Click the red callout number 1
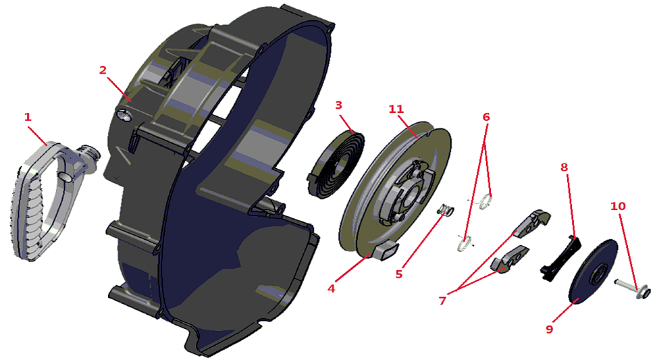click(x=28, y=117)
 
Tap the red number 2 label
click(x=103, y=70)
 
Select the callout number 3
click(x=339, y=105)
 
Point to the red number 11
click(x=396, y=109)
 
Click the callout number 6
click(x=486, y=117)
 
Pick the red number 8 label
click(x=565, y=168)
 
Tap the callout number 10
click(x=619, y=206)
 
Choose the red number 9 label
click(x=549, y=329)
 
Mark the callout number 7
click(x=442, y=300)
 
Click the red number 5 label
click(x=399, y=274)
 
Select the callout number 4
click(x=332, y=288)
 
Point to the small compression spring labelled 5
click(x=446, y=211)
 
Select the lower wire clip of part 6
click(x=465, y=244)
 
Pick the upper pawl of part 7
click(x=532, y=222)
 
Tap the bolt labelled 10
click(x=631, y=288)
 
